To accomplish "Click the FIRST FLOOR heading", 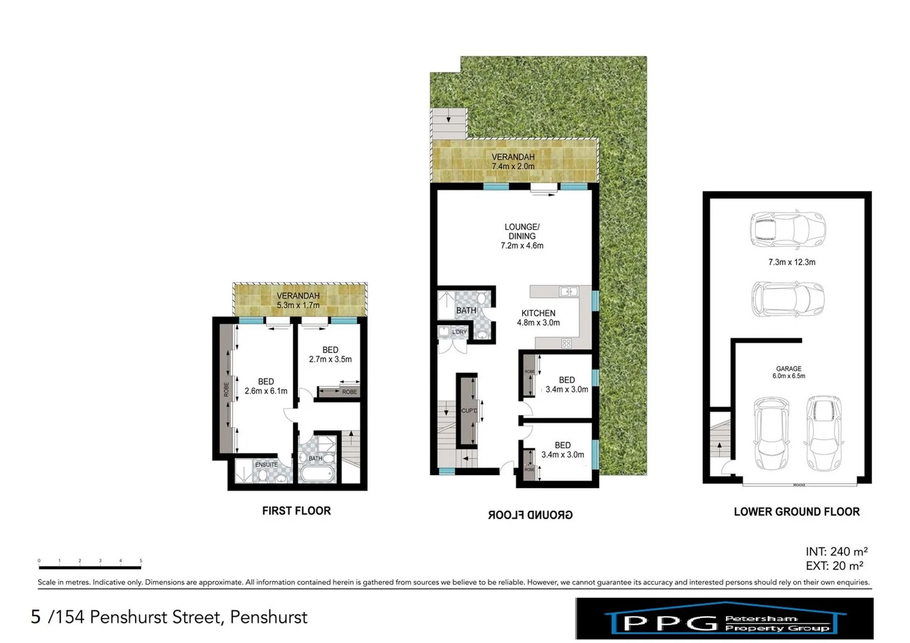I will [x=296, y=511].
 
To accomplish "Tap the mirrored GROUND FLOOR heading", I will [x=530, y=515].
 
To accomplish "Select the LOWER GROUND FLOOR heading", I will [x=796, y=511].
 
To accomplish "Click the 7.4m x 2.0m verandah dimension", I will [x=512, y=167].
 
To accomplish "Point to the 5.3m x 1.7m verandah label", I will [x=298, y=305].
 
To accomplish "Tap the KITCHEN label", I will [x=538, y=313].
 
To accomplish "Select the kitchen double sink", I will [x=568, y=291].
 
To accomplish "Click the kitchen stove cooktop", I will [x=566, y=343].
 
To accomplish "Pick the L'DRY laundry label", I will [x=459, y=332].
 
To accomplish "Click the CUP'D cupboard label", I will [x=469, y=411].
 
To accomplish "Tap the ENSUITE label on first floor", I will [x=266, y=464].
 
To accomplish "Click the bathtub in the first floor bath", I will [x=317, y=475].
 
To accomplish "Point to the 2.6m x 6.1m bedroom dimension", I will [x=265, y=391].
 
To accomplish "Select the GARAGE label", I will [x=789, y=369].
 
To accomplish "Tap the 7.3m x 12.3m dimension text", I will [x=792, y=262].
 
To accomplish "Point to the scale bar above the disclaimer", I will [x=90, y=567].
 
